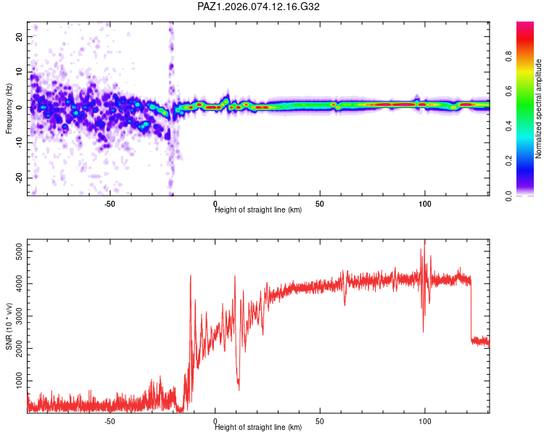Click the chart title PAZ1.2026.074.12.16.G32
pyautogui.click(x=259, y=7)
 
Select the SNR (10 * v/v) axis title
pyautogui.click(x=9, y=326)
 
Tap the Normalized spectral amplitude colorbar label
pyautogui.click(x=539, y=109)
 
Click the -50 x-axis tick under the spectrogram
pyautogui.click(x=110, y=204)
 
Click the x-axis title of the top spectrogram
pyautogui.click(x=258, y=210)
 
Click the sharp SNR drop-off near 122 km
pyautogui.click(x=471, y=312)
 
